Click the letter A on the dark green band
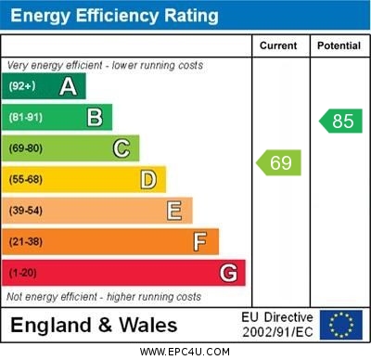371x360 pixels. click(68, 86)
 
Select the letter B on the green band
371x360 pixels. click(95, 117)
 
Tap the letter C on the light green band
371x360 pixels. click(122, 148)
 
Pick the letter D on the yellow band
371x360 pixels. click(148, 179)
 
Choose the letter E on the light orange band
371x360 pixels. click(174, 211)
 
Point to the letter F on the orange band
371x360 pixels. click(200, 242)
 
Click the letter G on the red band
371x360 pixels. click(228, 273)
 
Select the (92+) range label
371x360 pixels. click(22, 86)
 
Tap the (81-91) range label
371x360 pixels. click(26, 117)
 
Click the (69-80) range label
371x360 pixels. click(26, 148)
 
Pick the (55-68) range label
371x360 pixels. click(26, 179)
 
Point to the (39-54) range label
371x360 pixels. click(26, 211)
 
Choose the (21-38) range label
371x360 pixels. click(26, 242)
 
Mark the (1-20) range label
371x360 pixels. click(23, 273)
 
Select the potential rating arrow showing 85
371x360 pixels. click(339, 121)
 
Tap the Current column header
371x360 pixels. click(278, 45)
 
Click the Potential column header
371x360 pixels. click(339, 45)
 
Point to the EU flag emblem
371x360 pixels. click(341, 325)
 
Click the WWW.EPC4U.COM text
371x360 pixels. click(185, 352)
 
